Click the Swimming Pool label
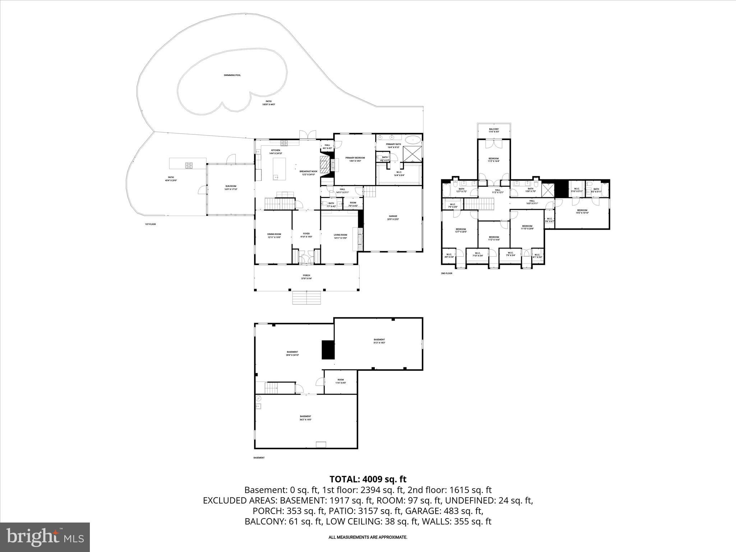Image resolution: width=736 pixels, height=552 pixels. click(232, 75)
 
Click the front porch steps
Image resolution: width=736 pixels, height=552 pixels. click(306, 298)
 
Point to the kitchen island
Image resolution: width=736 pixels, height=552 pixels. click(279, 168)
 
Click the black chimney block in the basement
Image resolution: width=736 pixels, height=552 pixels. click(328, 350)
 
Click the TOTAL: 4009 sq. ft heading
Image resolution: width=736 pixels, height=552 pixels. click(368, 479)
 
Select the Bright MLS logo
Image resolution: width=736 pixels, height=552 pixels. click(45, 537)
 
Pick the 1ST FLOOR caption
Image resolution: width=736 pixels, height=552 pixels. click(150, 224)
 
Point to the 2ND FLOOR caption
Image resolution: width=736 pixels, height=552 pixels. click(446, 273)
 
